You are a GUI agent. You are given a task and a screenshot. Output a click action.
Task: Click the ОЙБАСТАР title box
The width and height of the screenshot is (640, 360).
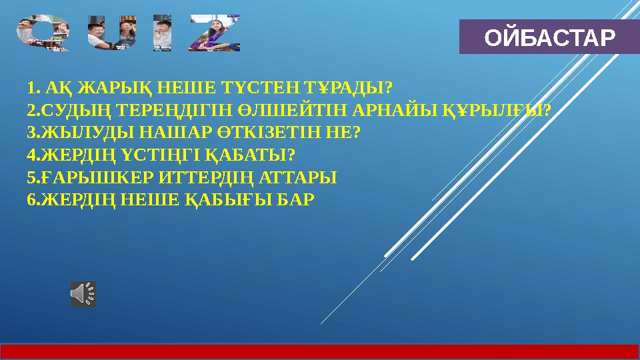pyautogui.click(x=549, y=37)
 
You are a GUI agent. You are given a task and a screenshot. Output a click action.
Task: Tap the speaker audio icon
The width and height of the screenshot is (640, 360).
pyautogui.click(x=83, y=294)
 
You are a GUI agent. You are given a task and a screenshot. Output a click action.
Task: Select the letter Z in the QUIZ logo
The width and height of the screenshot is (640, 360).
pyautogui.click(x=215, y=34)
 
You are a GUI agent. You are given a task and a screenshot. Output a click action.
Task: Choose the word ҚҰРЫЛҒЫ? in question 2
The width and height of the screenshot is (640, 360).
pyautogui.click(x=497, y=110)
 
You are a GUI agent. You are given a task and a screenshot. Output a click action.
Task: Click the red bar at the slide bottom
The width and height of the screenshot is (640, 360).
pyautogui.click(x=320, y=351)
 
